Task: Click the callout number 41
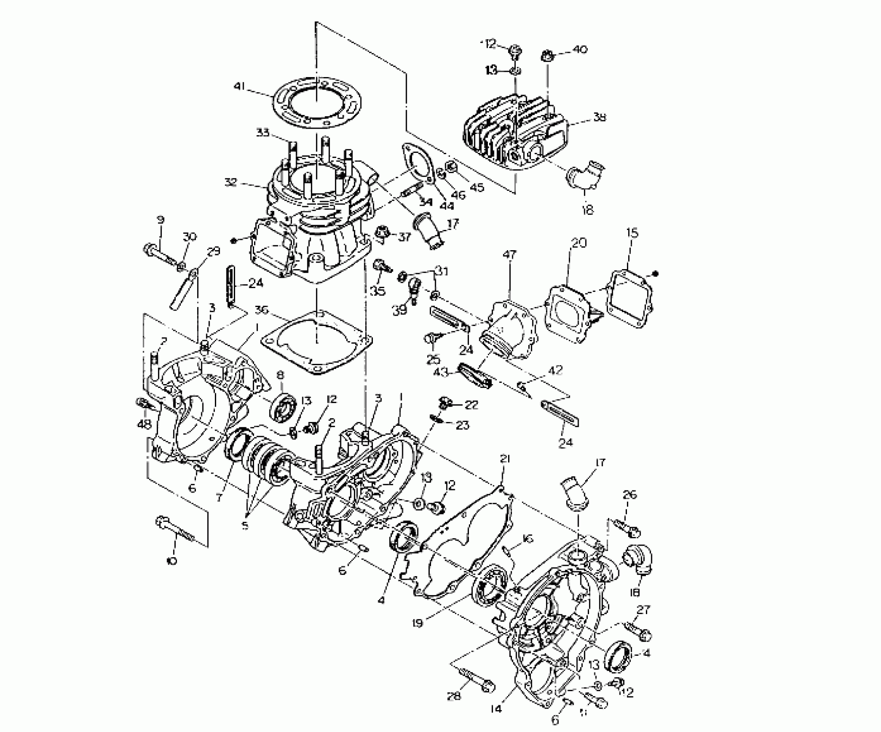[239, 87]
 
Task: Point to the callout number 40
[579, 50]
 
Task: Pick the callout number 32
[231, 183]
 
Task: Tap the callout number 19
[418, 623]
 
